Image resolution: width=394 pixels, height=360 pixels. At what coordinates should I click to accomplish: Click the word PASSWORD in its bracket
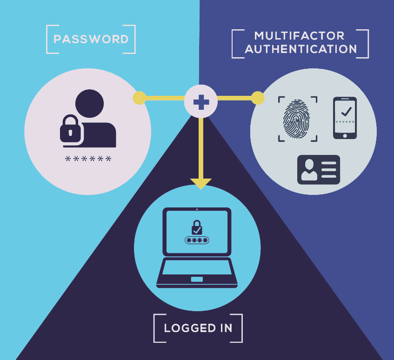click(91, 39)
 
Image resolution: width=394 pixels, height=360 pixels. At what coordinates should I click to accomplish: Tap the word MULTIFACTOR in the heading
click(299, 36)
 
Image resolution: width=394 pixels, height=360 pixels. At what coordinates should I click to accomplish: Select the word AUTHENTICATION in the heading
click(301, 49)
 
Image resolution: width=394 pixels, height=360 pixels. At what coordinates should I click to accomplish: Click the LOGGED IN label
click(198, 328)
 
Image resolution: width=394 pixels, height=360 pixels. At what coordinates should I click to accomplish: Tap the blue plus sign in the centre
click(201, 102)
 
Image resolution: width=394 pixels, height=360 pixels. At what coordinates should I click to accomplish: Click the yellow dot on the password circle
click(140, 98)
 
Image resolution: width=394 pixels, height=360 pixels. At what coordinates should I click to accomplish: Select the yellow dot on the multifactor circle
click(258, 98)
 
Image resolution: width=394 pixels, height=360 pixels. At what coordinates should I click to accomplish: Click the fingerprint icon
click(296, 119)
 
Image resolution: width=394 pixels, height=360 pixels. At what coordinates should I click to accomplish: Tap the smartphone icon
click(345, 118)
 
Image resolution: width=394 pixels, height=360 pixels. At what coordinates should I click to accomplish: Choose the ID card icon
click(319, 170)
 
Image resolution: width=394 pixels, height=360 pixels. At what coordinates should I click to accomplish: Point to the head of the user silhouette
click(89, 103)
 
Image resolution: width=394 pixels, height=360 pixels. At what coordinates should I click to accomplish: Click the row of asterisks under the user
click(88, 159)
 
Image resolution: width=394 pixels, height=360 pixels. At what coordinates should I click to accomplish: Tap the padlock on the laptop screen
click(197, 227)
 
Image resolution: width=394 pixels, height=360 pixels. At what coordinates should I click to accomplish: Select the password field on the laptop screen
click(197, 240)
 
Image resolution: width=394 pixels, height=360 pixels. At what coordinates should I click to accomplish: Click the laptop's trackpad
click(197, 280)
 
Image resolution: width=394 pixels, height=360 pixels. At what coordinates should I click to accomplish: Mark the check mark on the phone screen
click(346, 111)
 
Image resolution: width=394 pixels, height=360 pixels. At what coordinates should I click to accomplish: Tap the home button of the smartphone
click(345, 136)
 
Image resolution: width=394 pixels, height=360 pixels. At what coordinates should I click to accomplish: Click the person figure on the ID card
click(309, 170)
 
